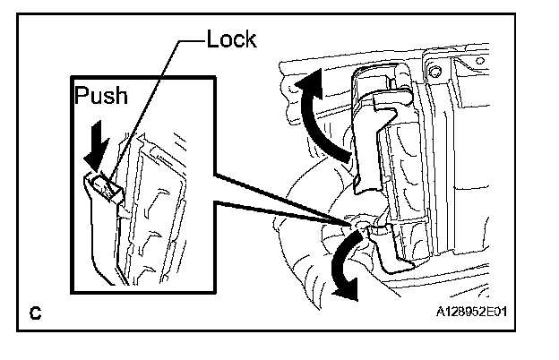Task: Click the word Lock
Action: tap(231, 40)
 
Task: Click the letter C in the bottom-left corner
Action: tap(35, 313)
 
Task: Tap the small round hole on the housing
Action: tap(437, 69)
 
